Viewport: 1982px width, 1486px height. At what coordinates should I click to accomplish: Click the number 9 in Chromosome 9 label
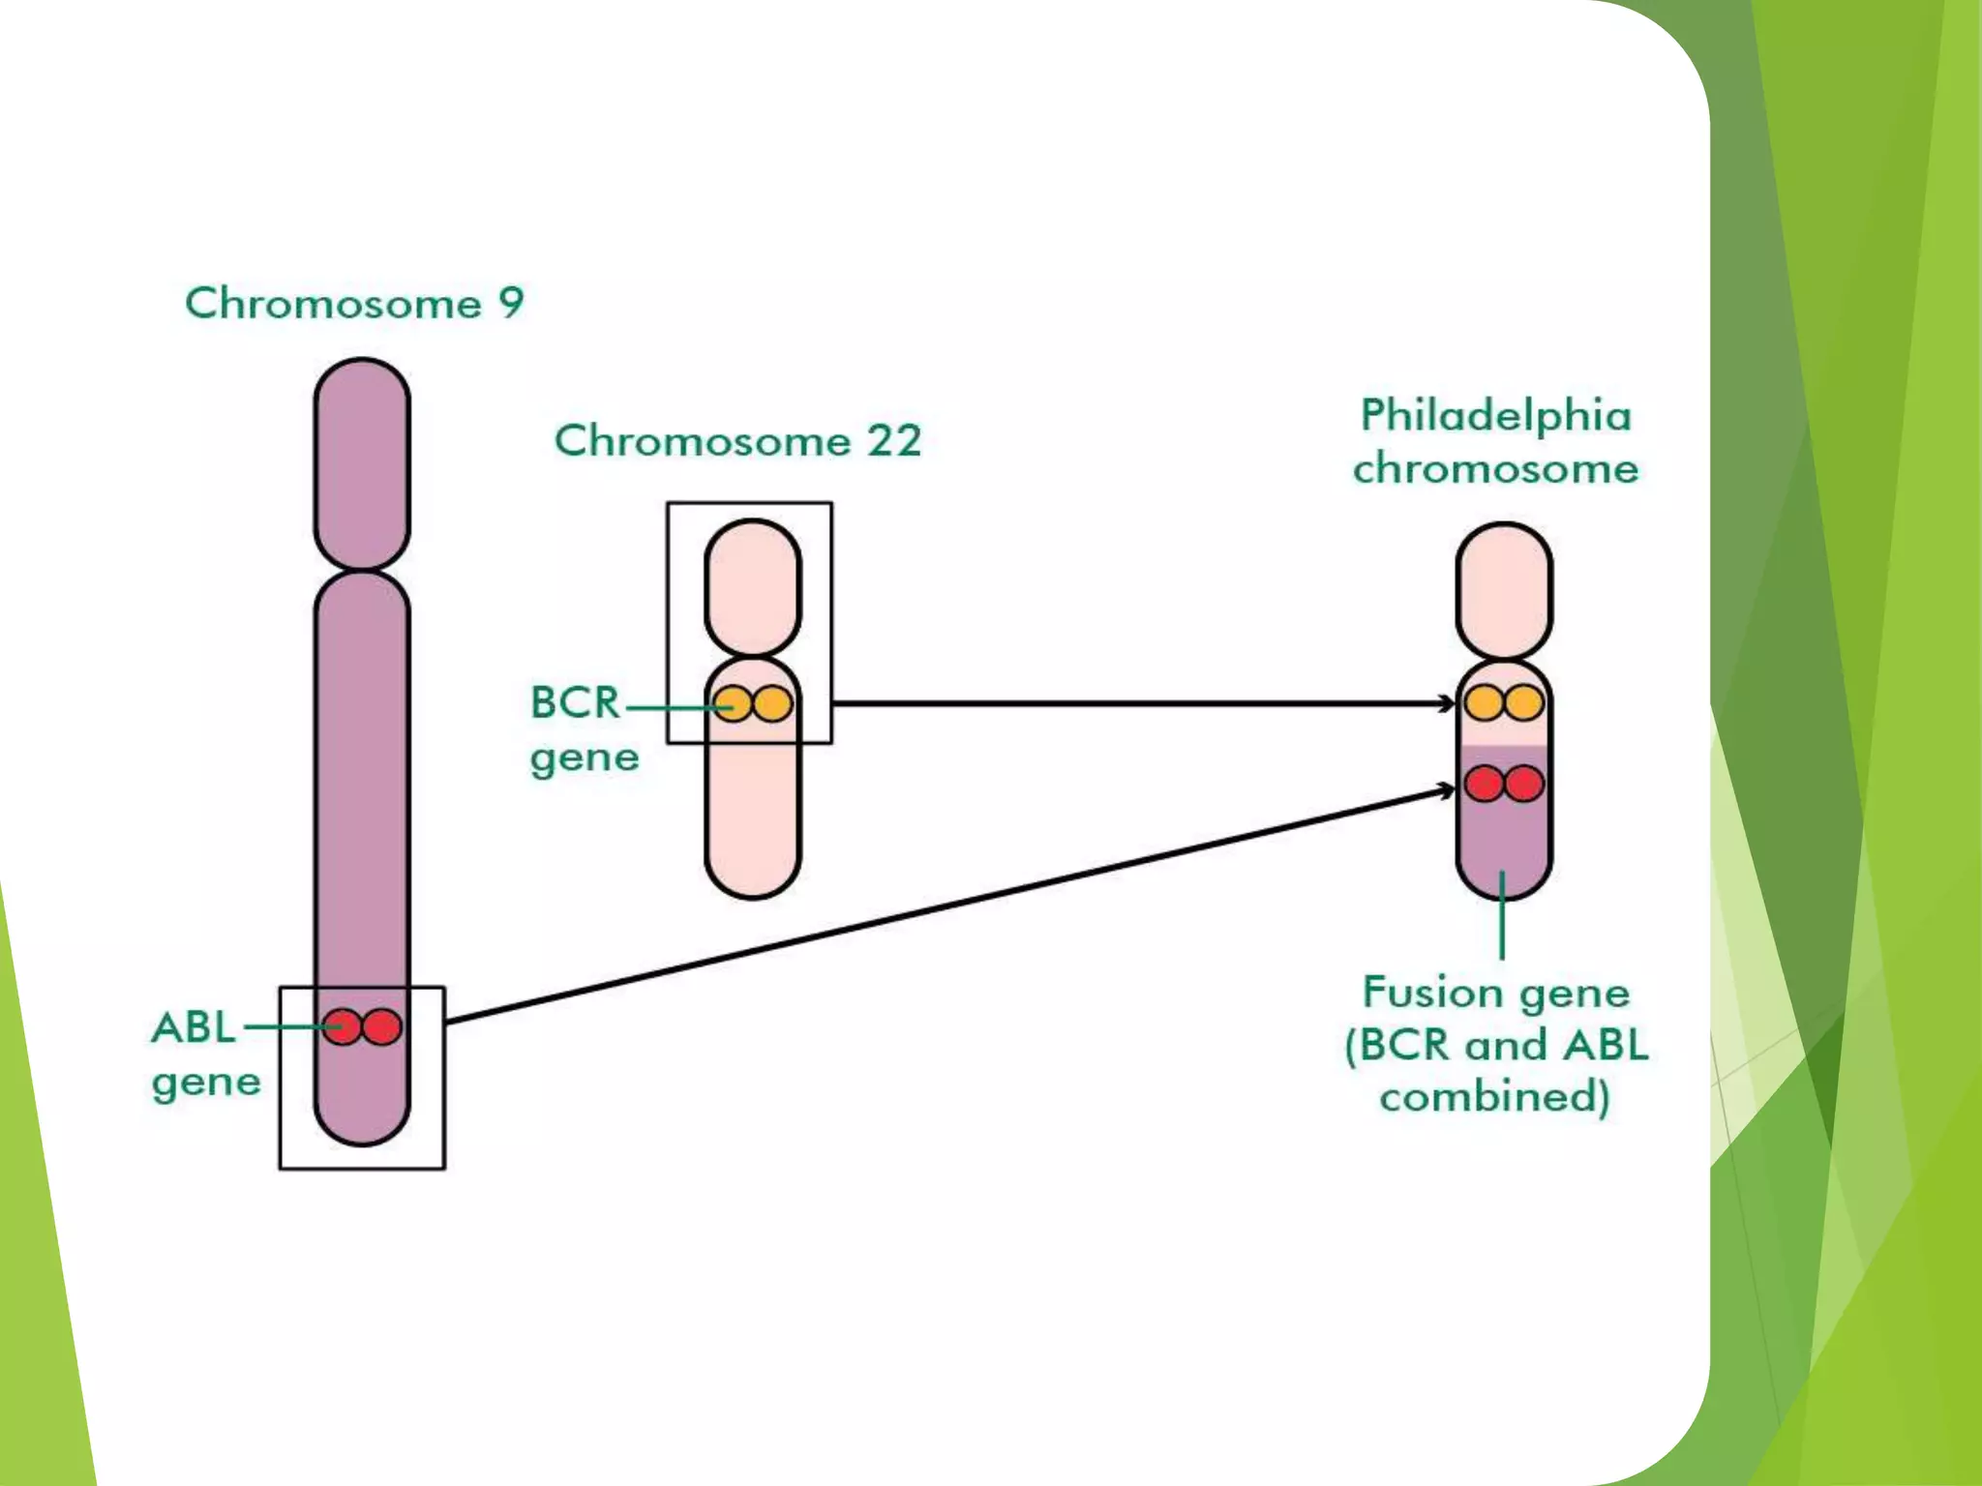click(x=511, y=303)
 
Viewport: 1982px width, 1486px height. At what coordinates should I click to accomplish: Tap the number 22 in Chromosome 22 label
click(x=893, y=441)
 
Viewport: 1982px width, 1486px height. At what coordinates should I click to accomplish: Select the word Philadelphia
click(x=1496, y=416)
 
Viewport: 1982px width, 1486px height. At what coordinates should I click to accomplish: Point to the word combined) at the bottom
click(x=1495, y=1097)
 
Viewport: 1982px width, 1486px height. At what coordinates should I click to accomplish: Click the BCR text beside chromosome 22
click(x=575, y=702)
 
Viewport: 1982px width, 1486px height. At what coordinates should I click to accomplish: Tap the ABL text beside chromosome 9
click(x=194, y=1027)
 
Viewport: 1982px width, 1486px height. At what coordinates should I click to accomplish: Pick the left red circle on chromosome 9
click(x=342, y=1026)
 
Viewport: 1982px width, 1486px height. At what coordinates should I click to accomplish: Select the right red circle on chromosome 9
click(x=382, y=1026)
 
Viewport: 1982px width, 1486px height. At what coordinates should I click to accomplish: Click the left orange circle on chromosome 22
click(x=733, y=703)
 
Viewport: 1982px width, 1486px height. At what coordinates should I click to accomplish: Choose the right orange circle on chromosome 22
click(x=773, y=703)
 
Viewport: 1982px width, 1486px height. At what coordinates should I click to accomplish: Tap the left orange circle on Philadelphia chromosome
click(x=1484, y=703)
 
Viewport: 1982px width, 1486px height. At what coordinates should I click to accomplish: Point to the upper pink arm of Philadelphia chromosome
click(x=1504, y=590)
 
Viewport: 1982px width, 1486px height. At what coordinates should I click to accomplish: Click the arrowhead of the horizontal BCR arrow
click(x=1448, y=703)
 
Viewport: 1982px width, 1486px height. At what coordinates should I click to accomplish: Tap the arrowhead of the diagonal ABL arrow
click(x=1447, y=791)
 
